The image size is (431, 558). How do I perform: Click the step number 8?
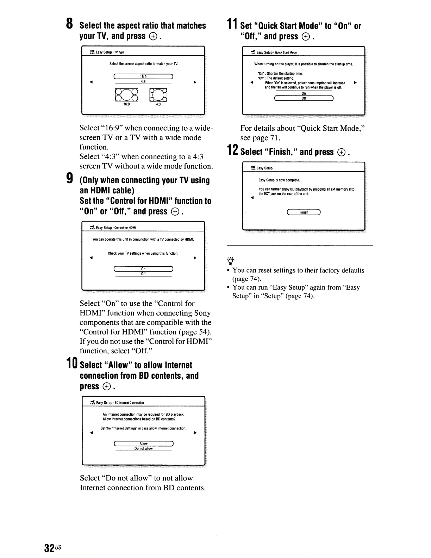click(70, 24)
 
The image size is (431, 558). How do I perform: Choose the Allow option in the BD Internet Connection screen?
click(143, 444)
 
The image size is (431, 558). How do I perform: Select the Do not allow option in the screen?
click(143, 449)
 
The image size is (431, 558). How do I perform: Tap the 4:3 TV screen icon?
click(158, 95)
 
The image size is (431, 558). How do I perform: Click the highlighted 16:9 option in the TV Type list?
click(143, 76)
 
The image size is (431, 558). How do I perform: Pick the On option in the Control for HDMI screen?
click(143, 269)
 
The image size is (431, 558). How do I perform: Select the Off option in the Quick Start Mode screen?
click(304, 98)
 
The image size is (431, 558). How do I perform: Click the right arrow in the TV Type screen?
click(194, 82)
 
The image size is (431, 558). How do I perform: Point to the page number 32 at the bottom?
click(49, 548)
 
